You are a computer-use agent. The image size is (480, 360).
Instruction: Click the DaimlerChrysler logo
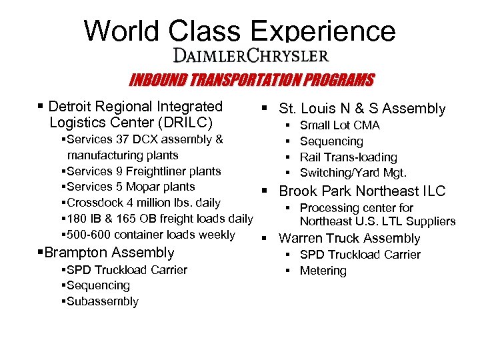[x=251, y=55]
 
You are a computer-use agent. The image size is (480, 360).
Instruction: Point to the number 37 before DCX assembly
[x=122, y=139]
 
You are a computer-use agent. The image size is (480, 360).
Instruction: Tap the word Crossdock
[x=93, y=203]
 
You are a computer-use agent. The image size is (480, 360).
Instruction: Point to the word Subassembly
[x=102, y=301]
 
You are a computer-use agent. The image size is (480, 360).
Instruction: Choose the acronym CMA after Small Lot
[x=367, y=125]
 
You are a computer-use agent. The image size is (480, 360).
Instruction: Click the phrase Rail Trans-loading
[x=348, y=157]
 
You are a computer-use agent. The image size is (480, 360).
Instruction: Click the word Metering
[x=323, y=271]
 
